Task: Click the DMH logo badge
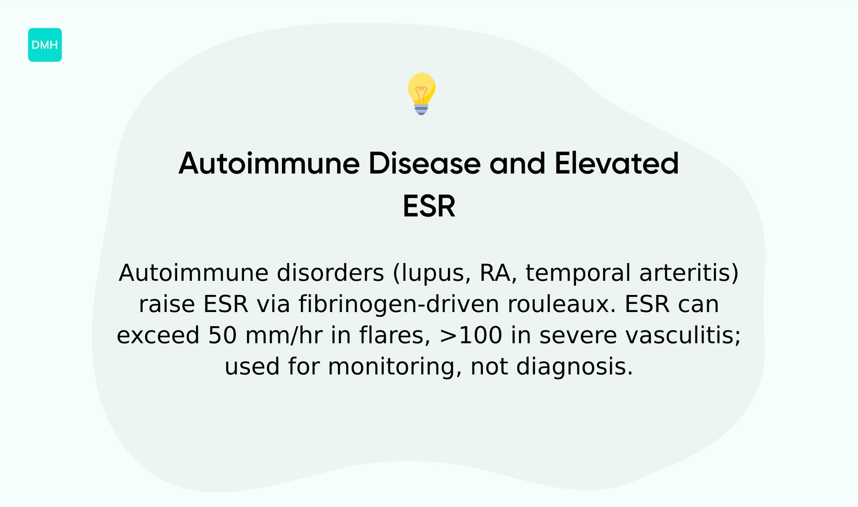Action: pyautogui.click(x=45, y=45)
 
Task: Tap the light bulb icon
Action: pyautogui.click(x=421, y=93)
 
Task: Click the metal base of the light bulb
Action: pyautogui.click(x=421, y=109)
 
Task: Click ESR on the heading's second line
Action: pyautogui.click(x=429, y=207)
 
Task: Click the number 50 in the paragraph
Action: pyautogui.click(x=224, y=336)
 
